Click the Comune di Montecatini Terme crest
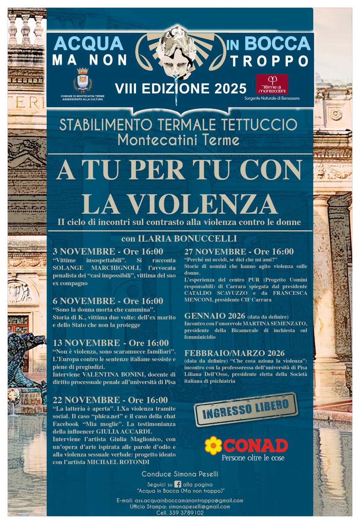[82, 81]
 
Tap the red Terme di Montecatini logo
[272, 84]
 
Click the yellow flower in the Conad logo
[213, 445]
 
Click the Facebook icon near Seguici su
[178, 484]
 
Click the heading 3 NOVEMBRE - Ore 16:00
[108, 252]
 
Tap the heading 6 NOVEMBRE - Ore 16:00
[108, 301]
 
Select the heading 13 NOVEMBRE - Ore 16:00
[111, 343]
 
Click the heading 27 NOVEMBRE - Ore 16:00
[239, 252]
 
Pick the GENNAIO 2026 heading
[215, 316]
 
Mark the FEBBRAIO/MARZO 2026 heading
[234, 353]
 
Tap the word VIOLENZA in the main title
[198, 204]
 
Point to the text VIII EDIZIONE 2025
[180, 88]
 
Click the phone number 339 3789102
[186, 513]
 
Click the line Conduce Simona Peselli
[180, 474]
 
